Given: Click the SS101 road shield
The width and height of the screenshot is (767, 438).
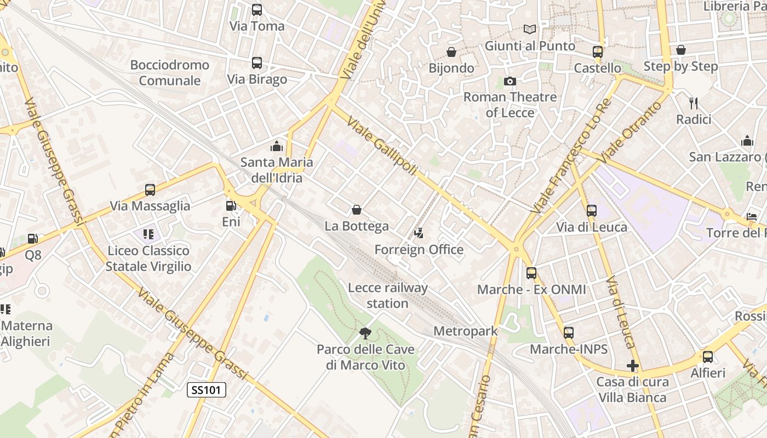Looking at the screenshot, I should (x=207, y=390).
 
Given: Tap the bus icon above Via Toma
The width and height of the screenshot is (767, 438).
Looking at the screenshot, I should (x=257, y=10).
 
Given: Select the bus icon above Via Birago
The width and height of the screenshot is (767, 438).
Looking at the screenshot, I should (x=257, y=63).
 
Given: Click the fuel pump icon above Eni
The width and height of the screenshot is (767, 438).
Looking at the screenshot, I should (x=231, y=206).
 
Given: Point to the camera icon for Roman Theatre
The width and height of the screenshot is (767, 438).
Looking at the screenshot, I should (x=510, y=82).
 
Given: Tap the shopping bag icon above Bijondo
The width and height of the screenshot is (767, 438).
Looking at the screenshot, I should (x=451, y=52).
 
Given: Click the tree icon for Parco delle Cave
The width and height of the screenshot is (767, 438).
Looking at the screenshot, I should (x=365, y=333).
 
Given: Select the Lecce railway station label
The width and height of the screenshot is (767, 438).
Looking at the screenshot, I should (x=388, y=295).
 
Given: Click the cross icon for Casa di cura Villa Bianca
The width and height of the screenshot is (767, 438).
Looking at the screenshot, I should (x=633, y=366).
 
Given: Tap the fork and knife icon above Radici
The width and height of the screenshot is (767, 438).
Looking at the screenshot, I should (x=694, y=103).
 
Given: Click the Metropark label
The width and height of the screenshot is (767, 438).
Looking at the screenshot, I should (x=466, y=331).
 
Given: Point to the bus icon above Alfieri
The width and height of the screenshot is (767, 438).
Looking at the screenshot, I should (x=708, y=357).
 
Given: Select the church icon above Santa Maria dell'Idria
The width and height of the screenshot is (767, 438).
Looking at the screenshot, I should (x=277, y=146).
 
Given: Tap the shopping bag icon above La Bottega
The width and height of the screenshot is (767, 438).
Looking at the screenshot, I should (x=357, y=210).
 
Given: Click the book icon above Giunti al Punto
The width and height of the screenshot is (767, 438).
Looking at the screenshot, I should (x=529, y=30).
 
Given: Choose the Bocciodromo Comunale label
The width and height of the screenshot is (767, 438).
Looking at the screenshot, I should (x=170, y=73).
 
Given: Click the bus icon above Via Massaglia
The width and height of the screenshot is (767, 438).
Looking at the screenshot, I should (x=150, y=190).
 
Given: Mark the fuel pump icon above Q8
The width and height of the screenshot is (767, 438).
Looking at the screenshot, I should (x=33, y=239).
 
